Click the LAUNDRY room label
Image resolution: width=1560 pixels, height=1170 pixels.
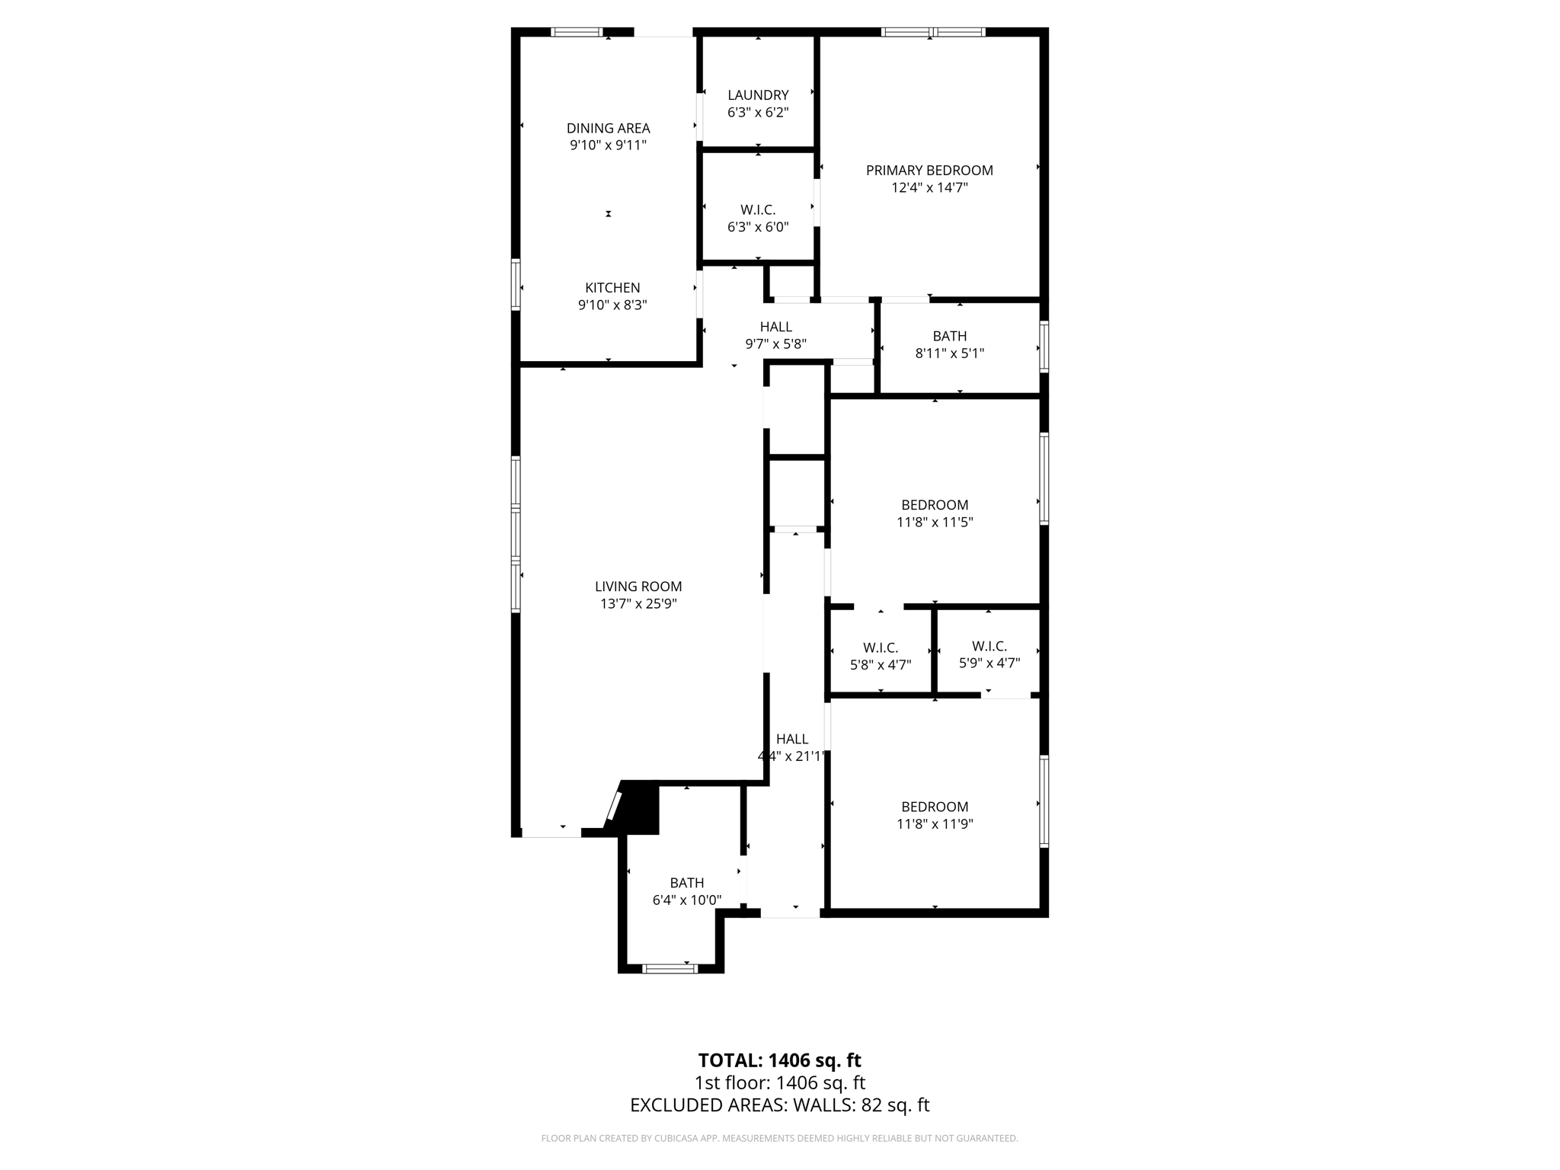point(757,95)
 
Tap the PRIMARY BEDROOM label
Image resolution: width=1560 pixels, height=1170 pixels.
point(929,171)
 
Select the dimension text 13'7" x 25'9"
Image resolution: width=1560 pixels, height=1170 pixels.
point(638,604)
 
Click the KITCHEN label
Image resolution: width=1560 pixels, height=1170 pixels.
point(612,288)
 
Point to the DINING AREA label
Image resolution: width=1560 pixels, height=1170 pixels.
point(608,128)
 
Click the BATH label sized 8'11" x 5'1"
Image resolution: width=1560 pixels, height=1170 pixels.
point(949,336)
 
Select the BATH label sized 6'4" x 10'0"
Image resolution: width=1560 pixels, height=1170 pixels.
point(686,883)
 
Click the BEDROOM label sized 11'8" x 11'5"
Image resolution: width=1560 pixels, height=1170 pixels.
point(934,505)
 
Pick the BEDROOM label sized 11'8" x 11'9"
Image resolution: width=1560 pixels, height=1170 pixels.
point(934,807)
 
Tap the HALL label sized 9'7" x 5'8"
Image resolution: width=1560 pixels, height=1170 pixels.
point(775,327)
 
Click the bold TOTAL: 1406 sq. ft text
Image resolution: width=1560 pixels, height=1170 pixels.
point(779,1060)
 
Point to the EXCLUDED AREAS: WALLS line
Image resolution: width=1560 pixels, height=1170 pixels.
point(779,1105)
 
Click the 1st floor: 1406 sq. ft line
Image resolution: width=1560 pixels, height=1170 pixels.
point(779,1082)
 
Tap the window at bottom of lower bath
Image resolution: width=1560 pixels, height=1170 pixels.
point(670,969)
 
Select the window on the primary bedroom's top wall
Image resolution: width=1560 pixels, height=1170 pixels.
point(932,32)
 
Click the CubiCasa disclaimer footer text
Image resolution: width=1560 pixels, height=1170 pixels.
point(779,1138)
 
